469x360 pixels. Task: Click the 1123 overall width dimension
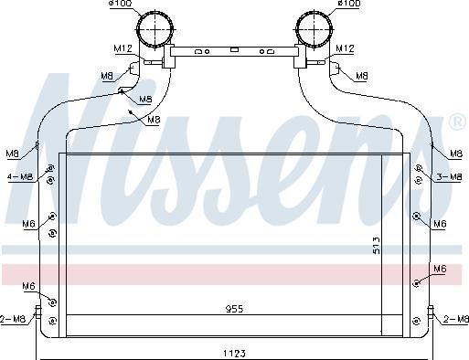coord(234,354)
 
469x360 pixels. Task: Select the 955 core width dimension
coord(234,309)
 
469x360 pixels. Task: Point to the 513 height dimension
coord(377,246)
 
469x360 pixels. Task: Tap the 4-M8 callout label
coord(20,176)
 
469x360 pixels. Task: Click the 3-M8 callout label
coord(449,176)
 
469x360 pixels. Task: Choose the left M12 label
coord(123,48)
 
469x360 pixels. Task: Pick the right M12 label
coord(345,48)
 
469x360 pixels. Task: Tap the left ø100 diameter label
coord(121,4)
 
